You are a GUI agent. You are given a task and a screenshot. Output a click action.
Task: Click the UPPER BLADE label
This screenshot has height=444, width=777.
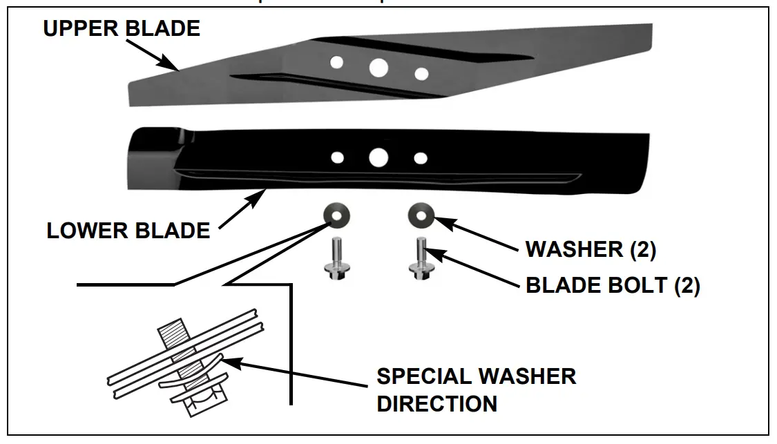tap(122, 28)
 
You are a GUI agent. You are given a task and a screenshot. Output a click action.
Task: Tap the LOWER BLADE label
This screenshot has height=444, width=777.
tap(128, 231)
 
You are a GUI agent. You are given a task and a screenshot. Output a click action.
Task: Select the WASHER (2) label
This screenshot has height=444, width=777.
tap(591, 249)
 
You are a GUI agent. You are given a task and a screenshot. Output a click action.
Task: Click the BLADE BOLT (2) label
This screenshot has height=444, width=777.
tap(613, 285)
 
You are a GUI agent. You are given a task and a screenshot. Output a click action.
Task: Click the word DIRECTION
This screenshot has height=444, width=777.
tap(437, 403)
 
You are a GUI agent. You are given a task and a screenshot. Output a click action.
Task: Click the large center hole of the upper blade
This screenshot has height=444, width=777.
tap(378, 67)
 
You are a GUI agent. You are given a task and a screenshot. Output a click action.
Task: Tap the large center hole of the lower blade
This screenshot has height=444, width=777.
tap(378, 157)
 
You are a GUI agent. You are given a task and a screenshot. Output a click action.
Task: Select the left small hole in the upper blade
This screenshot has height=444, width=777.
tap(336, 63)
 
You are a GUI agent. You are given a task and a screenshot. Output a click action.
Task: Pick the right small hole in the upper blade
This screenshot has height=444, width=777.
tap(421, 73)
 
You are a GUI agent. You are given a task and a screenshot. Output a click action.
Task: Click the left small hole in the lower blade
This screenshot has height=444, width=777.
tap(337, 157)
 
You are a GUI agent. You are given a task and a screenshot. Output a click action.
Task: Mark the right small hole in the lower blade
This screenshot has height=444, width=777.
tap(420, 158)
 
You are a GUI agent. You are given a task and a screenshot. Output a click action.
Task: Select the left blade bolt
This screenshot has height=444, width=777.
tap(335, 258)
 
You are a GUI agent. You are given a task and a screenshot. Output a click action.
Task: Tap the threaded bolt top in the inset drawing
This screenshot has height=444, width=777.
tap(171, 338)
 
